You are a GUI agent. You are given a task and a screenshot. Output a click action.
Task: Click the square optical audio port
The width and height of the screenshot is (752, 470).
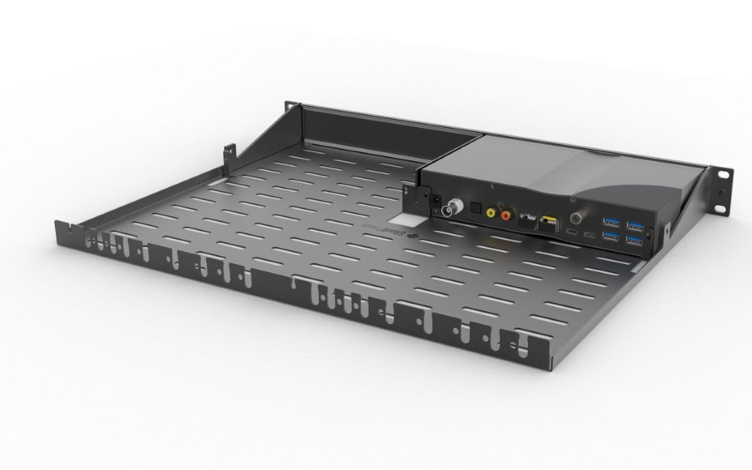475,208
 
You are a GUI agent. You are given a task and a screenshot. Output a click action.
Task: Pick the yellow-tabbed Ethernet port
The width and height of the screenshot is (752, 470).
547,223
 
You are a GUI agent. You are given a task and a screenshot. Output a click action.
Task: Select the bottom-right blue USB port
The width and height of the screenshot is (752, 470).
637,239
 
